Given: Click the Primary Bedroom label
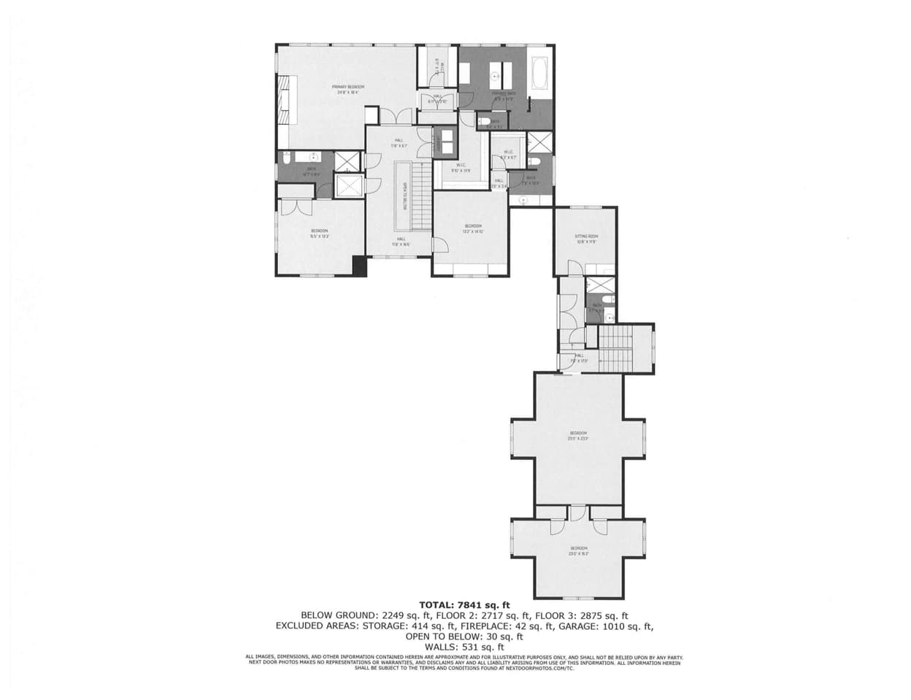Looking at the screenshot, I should [350, 90].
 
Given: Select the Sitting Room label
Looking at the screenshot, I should [586, 239].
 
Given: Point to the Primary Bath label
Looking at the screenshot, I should [504, 96].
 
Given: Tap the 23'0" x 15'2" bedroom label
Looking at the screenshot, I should [578, 550].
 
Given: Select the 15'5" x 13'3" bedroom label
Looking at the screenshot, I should [319, 233].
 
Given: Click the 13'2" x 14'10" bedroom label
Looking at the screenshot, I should [473, 228].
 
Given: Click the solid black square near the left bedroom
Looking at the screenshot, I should [358, 266].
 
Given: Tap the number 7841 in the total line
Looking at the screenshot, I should [469, 605].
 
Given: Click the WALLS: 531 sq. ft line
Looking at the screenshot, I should [464, 647].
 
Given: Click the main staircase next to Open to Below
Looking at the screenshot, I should [419, 196].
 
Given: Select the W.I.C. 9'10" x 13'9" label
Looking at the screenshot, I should [461, 167].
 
